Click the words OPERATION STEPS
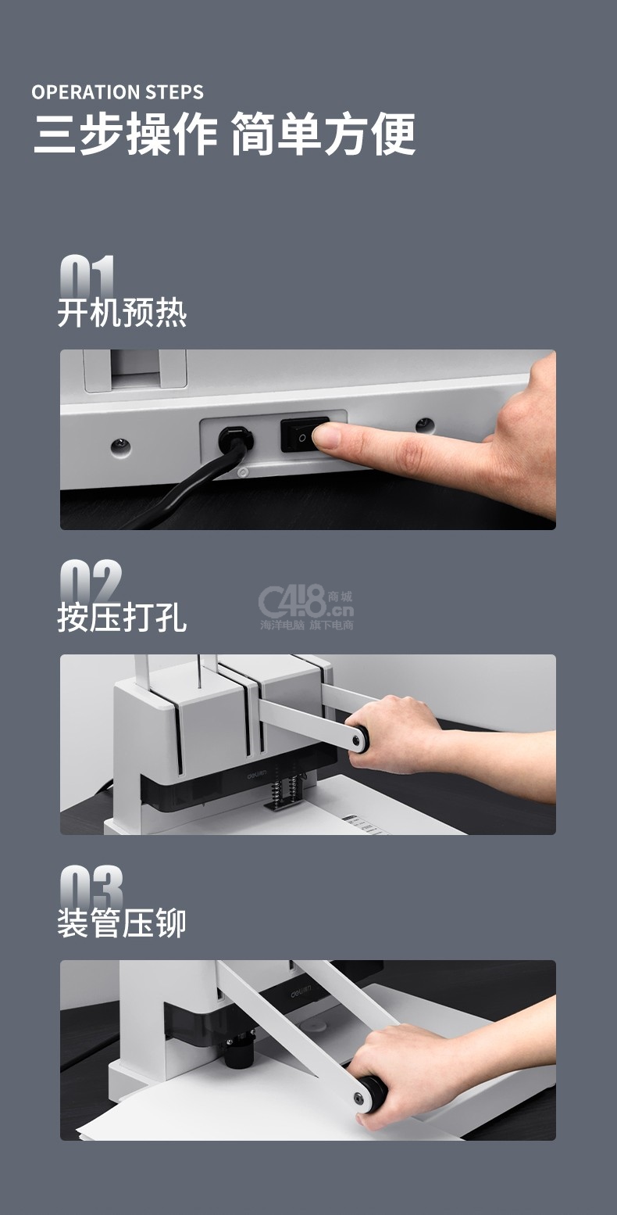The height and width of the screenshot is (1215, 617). [x=118, y=92]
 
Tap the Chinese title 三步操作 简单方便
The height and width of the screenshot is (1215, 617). [x=224, y=134]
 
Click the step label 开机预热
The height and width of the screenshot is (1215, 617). [x=122, y=313]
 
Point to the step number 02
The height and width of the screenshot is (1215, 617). [x=91, y=580]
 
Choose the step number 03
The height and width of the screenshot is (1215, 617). [x=91, y=886]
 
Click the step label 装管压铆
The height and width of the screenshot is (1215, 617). [x=122, y=923]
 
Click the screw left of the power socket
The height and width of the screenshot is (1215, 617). [x=120, y=446]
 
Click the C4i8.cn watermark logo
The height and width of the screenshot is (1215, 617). [x=306, y=607]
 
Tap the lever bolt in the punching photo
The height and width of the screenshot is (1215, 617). [x=357, y=740]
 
